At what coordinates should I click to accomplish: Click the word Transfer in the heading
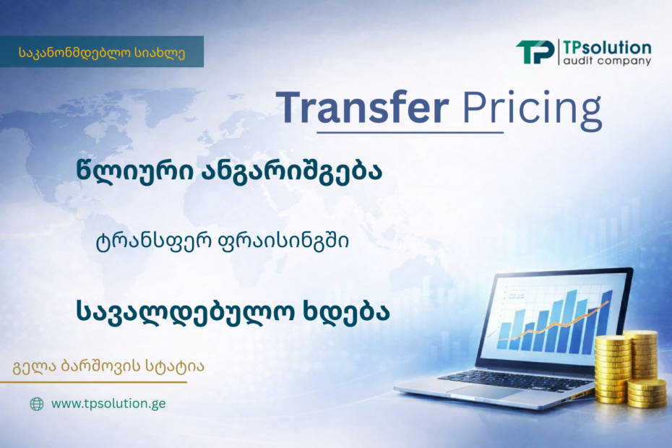[x=362, y=107]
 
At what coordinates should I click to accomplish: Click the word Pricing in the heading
[x=532, y=109]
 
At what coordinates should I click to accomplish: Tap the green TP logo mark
[x=535, y=52]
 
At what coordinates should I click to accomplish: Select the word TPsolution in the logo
[x=607, y=47]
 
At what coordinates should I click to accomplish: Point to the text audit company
[x=607, y=61]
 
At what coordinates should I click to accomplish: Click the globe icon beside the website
[x=37, y=404]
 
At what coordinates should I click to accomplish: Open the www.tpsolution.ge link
[x=108, y=404]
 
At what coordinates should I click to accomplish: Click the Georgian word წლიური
[x=134, y=171]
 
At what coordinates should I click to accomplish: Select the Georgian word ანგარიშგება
[x=291, y=171]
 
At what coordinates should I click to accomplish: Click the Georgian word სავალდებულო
[x=185, y=311]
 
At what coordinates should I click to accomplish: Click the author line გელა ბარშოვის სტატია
[x=108, y=366]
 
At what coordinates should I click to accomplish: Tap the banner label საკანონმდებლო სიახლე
[x=102, y=53]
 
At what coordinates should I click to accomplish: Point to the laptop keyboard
[x=514, y=379]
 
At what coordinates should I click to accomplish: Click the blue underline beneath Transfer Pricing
[x=410, y=133]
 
